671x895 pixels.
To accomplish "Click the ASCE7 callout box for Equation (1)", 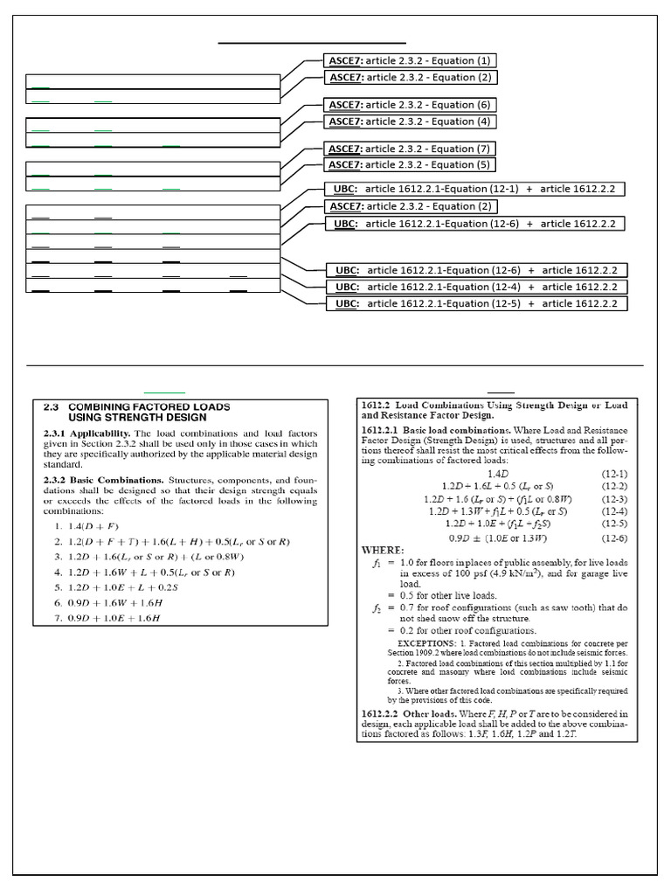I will (x=409, y=61).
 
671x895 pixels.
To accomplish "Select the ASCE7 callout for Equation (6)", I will (x=409, y=105).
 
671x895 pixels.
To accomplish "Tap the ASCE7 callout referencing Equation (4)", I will (x=409, y=121).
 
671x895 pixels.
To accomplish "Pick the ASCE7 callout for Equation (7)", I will (x=409, y=149).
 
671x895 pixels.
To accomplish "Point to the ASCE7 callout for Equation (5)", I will (x=409, y=164).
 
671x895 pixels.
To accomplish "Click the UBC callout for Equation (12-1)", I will (x=474, y=189).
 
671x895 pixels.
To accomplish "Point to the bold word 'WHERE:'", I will (x=383, y=550).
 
